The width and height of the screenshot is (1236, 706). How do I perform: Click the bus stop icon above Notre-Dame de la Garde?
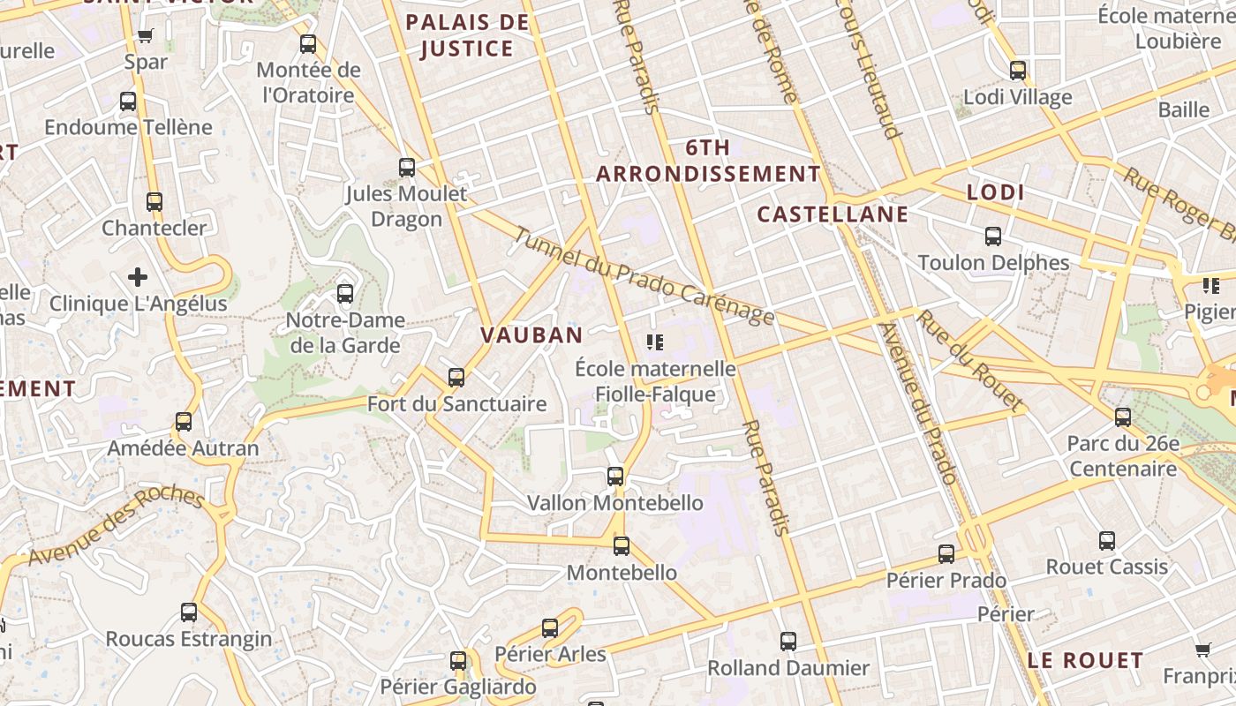[x=345, y=293]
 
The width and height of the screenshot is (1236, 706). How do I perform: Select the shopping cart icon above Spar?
[x=146, y=36]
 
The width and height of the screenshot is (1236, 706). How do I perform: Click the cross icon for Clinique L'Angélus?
[x=138, y=277]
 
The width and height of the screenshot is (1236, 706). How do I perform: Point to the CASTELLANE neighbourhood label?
[x=833, y=214]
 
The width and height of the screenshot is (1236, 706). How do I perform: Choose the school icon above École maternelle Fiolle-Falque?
[x=654, y=342]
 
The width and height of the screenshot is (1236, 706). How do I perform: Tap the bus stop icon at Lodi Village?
[x=1018, y=71]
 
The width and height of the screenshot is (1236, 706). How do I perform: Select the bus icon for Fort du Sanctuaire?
[x=456, y=378]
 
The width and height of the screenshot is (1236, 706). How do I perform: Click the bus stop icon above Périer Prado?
[x=946, y=554]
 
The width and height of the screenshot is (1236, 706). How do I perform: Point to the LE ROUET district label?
[x=1085, y=660]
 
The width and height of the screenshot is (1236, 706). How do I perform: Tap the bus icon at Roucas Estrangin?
[x=189, y=612]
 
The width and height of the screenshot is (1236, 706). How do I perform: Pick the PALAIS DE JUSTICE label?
[x=467, y=35]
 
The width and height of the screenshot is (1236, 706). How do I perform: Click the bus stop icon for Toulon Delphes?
[x=993, y=237]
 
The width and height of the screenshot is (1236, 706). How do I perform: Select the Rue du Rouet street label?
[x=970, y=360]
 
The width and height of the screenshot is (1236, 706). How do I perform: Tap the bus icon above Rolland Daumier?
[x=788, y=642]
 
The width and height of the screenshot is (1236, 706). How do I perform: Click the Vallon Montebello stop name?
[x=615, y=503]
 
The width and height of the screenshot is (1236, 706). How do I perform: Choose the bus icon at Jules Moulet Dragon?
[x=407, y=167]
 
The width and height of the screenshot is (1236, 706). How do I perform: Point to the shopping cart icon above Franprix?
[x=1202, y=650]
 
